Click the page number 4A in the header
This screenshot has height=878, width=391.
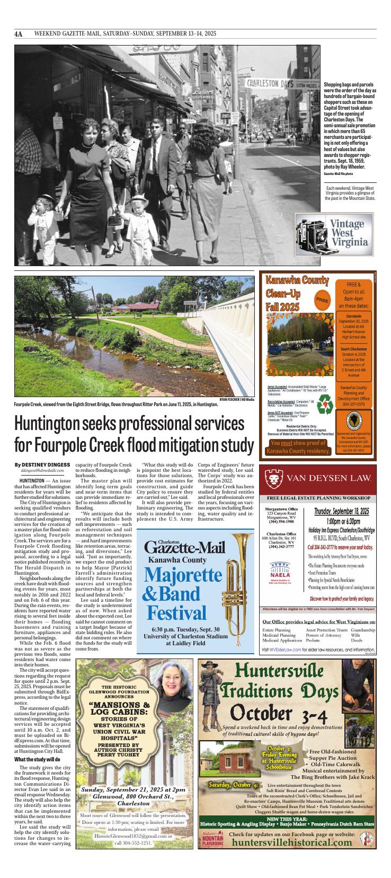19,34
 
